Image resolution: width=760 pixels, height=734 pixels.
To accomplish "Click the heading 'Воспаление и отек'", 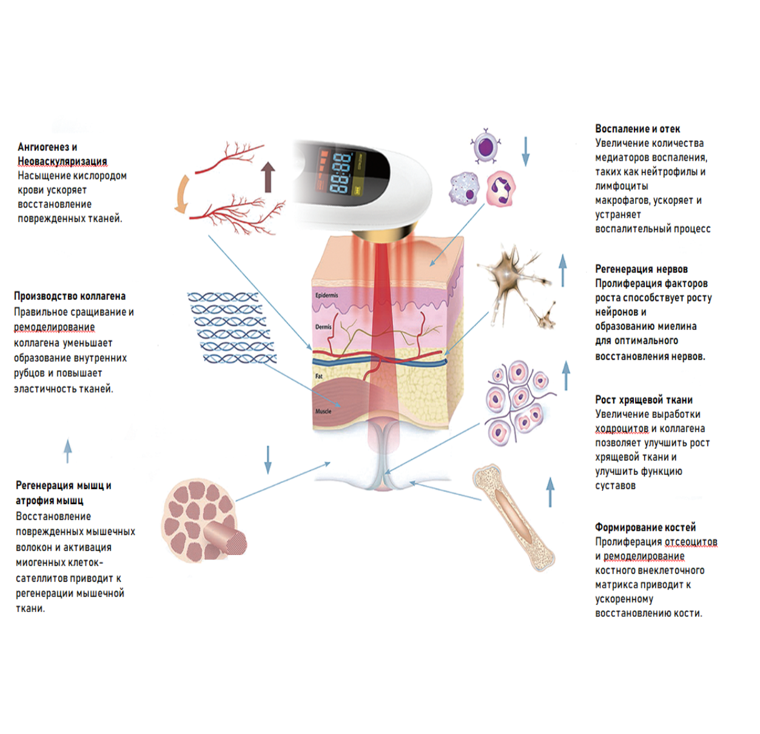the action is [637, 129].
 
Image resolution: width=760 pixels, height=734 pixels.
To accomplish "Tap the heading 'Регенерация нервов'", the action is [641, 269].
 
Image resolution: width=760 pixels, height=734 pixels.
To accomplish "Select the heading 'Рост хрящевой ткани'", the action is [644, 400].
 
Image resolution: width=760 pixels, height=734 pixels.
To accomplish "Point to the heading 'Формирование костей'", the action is [645, 527].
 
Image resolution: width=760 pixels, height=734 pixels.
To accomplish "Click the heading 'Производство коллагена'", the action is [70, 296].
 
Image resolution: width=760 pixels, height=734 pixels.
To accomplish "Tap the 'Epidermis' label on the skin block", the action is [327, 295].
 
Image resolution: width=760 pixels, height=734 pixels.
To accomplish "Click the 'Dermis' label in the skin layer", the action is [323, 327].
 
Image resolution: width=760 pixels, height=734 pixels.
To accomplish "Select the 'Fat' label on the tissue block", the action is [319, 377].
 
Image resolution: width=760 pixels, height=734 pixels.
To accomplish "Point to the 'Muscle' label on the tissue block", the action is [323, 411].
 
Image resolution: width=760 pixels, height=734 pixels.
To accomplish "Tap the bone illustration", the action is [514, 517].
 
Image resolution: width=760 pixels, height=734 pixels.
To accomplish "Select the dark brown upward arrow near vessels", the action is [268, 177].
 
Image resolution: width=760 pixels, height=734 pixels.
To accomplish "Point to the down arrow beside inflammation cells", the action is [526, 151].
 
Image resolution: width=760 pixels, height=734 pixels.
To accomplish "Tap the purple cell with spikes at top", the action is [485, 147].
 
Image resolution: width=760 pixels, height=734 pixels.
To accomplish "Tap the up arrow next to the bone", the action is [551, 491].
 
